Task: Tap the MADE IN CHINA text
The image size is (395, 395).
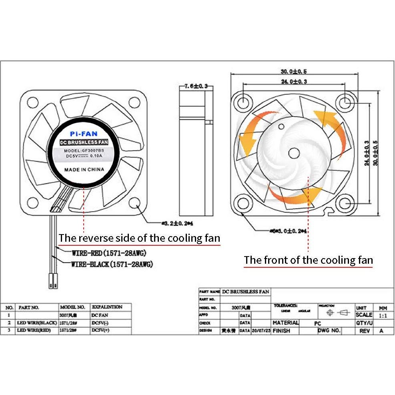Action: tap(84, 169)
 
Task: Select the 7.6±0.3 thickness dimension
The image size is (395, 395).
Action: tap(196, 86)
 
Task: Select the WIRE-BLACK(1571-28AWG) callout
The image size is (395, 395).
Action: tap(112, 264)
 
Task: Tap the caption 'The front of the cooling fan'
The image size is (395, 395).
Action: tap(308, 260)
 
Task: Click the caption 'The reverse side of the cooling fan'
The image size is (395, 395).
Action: tap(139, 239)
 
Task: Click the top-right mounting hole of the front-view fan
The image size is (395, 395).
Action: tap(345, 102)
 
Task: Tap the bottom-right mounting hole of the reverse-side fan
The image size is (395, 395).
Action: tap(135, 203)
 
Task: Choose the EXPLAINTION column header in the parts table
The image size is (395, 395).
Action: tap(107, 307)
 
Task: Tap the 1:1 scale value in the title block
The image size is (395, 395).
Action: tap(382, 315)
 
